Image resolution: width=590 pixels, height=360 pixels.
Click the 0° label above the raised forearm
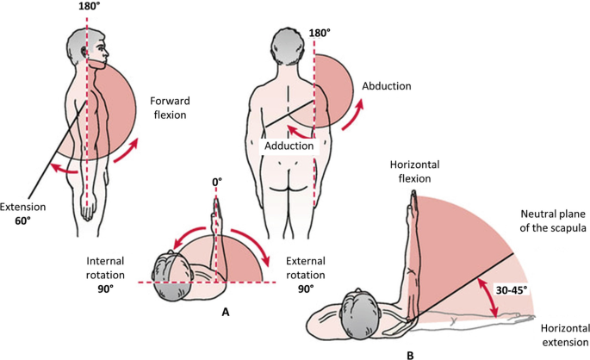point(217,183)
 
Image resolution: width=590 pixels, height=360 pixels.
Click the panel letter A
point(226,313)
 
